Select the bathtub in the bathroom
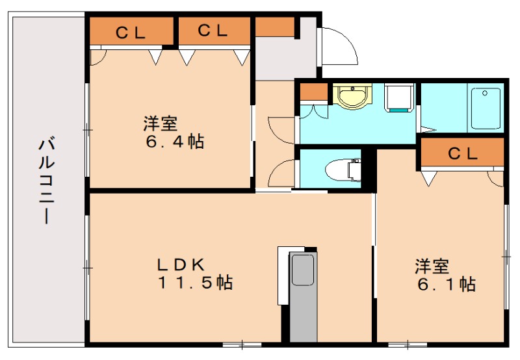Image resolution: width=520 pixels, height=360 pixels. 485,109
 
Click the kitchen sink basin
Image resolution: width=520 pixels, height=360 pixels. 302,270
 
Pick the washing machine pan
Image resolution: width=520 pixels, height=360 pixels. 397,98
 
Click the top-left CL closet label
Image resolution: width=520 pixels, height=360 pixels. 131,31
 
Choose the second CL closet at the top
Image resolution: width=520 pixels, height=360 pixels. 212,30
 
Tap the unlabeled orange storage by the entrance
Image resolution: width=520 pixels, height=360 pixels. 274,27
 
